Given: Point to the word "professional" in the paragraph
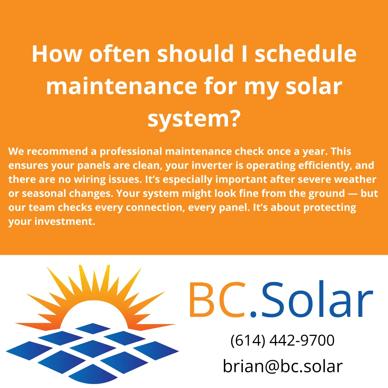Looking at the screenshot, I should pos(131,152).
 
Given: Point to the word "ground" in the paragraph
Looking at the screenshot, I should pos(312,194).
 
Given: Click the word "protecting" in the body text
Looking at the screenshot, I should pos(329,208).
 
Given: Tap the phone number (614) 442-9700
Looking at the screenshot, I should pos(282,341).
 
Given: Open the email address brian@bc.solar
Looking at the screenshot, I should pos(282,366).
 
